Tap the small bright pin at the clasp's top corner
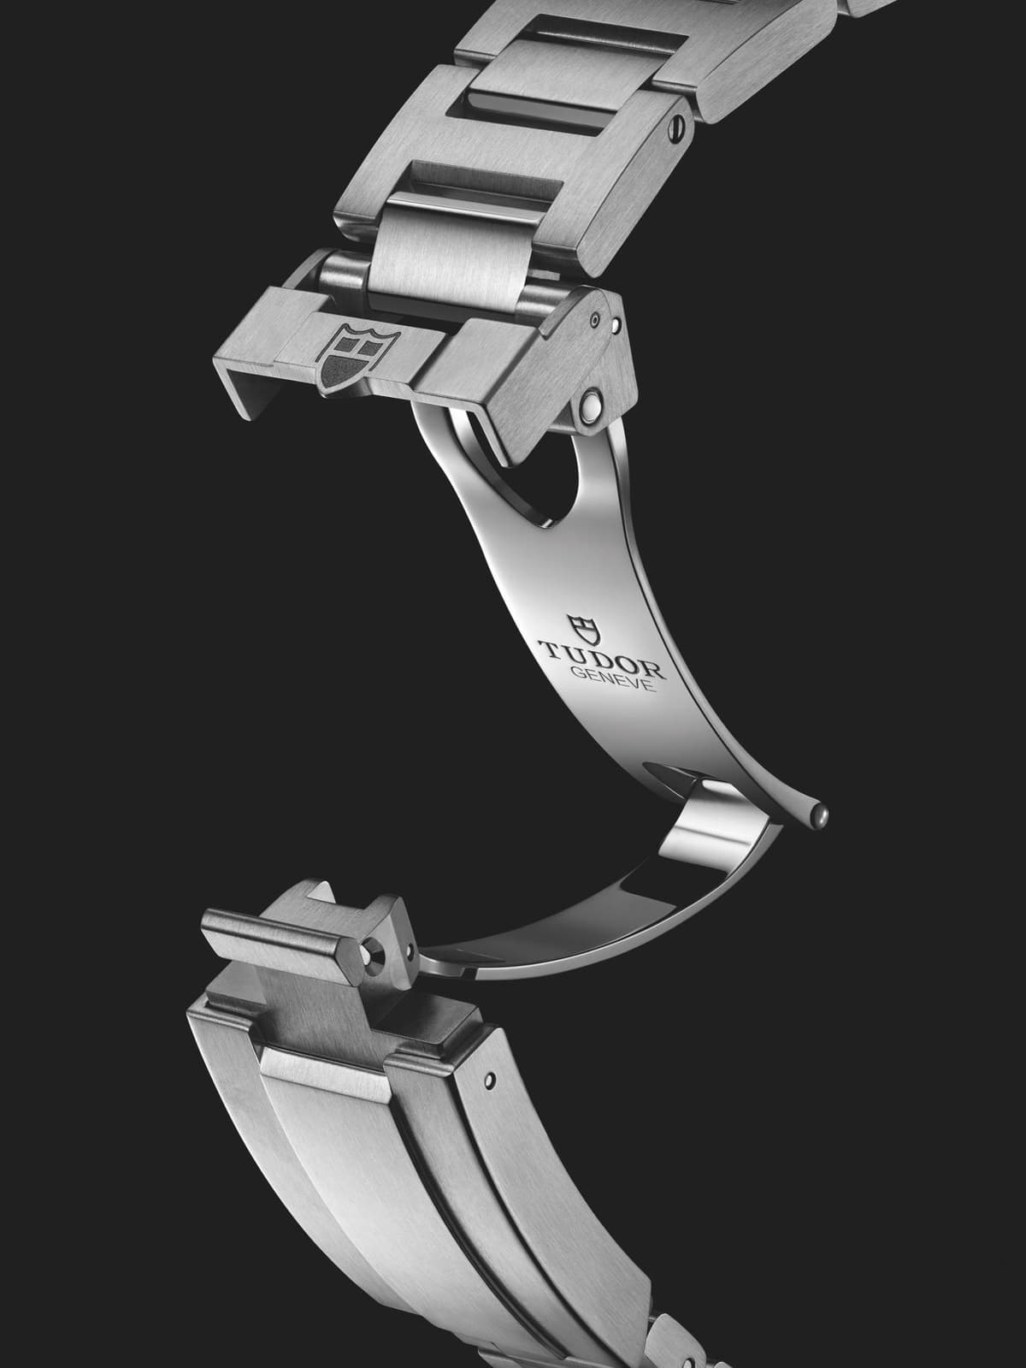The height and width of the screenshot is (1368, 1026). [616, 324]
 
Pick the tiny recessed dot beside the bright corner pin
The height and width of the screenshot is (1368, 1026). [596, 320]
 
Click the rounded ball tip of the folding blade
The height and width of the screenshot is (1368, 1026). [822, 814]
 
